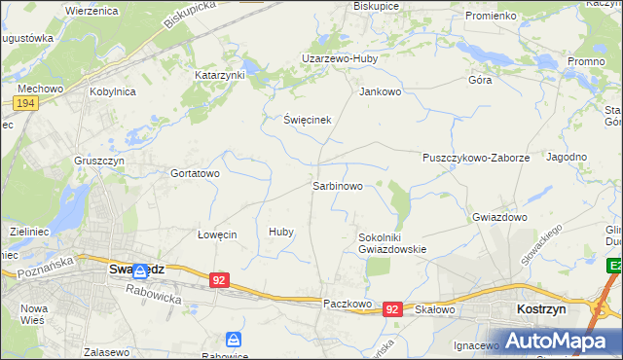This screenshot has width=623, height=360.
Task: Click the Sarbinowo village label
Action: (x=337, y=185)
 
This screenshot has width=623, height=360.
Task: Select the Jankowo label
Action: (x=381, y=92)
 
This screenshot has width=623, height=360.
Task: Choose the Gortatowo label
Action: (x=196, y=173)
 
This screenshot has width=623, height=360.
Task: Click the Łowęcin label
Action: (x=217, y=234)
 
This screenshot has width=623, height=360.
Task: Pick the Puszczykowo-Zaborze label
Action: (x=476, y=157)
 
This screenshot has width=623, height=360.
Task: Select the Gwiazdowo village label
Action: (x=499, y=217)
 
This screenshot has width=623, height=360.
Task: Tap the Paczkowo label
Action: (x=348, y=304)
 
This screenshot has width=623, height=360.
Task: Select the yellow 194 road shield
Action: (x=26, y=103)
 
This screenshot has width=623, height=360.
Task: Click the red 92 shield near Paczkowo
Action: (x=392, y=308)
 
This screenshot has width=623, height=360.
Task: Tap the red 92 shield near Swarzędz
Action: (x=219, y=280)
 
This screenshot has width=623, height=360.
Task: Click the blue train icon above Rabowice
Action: (x=234, y=339)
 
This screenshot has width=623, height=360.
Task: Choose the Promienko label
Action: (x=490, y=17)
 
